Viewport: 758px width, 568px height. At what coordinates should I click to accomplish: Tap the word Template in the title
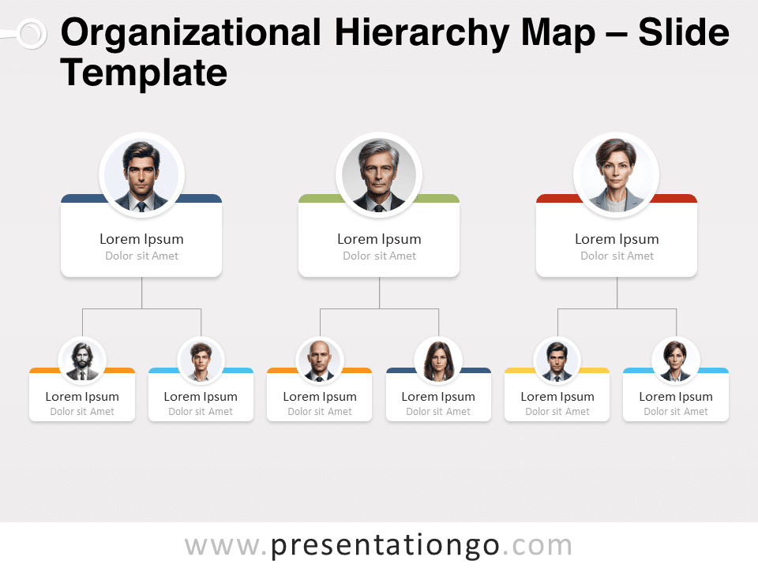coord(144,73)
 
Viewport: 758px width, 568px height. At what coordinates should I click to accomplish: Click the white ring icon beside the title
coord(32,34)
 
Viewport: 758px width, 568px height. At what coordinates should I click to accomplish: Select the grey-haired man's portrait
coord(379,175)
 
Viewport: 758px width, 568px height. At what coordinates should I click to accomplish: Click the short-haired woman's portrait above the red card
coord(617,175)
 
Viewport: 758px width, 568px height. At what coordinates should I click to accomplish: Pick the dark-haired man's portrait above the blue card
coord(141,175)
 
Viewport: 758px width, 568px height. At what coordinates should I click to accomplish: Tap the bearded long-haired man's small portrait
coord(82,361)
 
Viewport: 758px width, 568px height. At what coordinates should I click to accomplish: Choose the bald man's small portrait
coord(320,361)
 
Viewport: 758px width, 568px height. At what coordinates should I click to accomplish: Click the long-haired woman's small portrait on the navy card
coord(438,361)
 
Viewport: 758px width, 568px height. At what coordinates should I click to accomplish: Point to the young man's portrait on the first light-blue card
coord(201,361)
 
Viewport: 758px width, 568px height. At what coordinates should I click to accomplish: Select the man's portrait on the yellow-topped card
coord(557,361)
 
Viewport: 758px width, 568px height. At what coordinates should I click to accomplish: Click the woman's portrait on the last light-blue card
coord(676,361)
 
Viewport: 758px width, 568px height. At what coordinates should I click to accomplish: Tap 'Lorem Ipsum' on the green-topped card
coord(379,239)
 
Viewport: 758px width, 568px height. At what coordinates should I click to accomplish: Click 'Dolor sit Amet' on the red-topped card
coord(617,256)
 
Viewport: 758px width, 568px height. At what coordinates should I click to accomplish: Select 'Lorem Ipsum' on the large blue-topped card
coord(141,239)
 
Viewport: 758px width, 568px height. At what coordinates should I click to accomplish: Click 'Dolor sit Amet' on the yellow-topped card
coord(557,412)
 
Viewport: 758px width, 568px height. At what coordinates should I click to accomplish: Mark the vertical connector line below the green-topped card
coord(380,293)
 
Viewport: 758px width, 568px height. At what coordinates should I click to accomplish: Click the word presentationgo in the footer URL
coord(385,546)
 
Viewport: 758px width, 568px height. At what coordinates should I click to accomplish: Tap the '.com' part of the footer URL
coord(537,546)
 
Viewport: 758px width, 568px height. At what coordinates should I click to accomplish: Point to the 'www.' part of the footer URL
coord(226,546)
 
